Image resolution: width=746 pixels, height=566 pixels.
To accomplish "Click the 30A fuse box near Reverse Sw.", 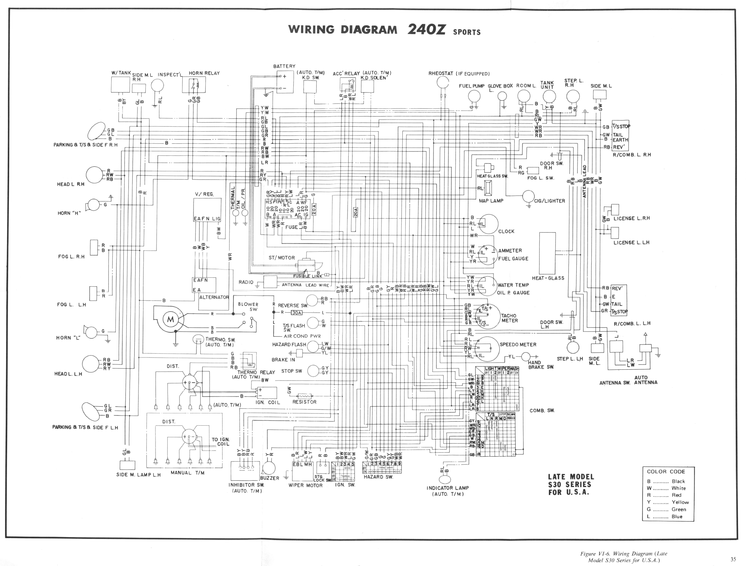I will point(297,313).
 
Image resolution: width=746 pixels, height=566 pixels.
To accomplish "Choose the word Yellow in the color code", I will point(680,502).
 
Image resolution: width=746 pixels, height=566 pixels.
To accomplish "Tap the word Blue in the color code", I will point(677,516).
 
